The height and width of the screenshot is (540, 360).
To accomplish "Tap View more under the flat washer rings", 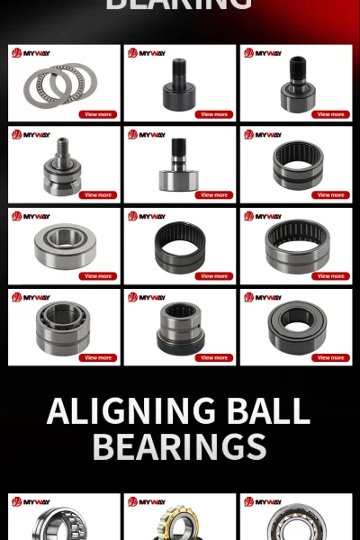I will click(98, 114).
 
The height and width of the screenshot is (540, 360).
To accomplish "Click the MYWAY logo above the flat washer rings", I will click(31, 53).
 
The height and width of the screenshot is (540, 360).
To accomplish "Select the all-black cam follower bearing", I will click(178, 88).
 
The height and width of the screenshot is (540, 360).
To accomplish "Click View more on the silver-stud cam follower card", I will click(98, 195).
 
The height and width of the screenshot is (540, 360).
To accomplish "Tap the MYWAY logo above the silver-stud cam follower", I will click(31, 134).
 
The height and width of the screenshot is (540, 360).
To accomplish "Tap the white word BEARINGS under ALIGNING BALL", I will click(179, 446).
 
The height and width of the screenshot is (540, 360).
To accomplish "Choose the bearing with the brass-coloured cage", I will click(179, 525).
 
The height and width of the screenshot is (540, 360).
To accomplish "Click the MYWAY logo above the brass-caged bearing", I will click(147, 501).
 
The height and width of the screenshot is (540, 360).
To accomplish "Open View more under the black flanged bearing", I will click(214, 357).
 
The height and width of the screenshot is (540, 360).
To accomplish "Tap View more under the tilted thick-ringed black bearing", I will click(330, 357).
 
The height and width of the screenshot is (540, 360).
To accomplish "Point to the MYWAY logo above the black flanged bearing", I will click(147, 296).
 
